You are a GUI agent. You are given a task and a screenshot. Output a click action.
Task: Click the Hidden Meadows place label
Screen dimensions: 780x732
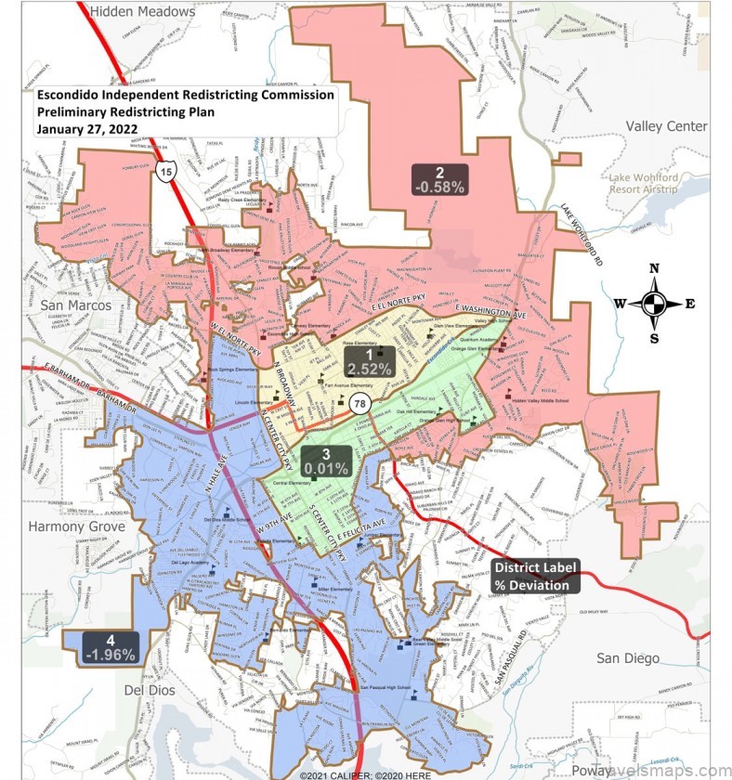click(144, 12)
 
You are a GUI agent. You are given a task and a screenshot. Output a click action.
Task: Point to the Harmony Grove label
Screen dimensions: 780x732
click(76, 526)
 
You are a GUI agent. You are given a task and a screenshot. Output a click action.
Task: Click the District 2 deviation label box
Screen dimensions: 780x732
click(439, 178)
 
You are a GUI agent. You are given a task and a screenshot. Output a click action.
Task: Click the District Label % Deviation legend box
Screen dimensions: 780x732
click(535, 577)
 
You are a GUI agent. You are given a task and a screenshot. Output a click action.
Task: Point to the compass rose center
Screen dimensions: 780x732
click(654, 304)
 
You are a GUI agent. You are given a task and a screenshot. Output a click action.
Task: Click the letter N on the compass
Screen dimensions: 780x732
click(654, 268)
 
